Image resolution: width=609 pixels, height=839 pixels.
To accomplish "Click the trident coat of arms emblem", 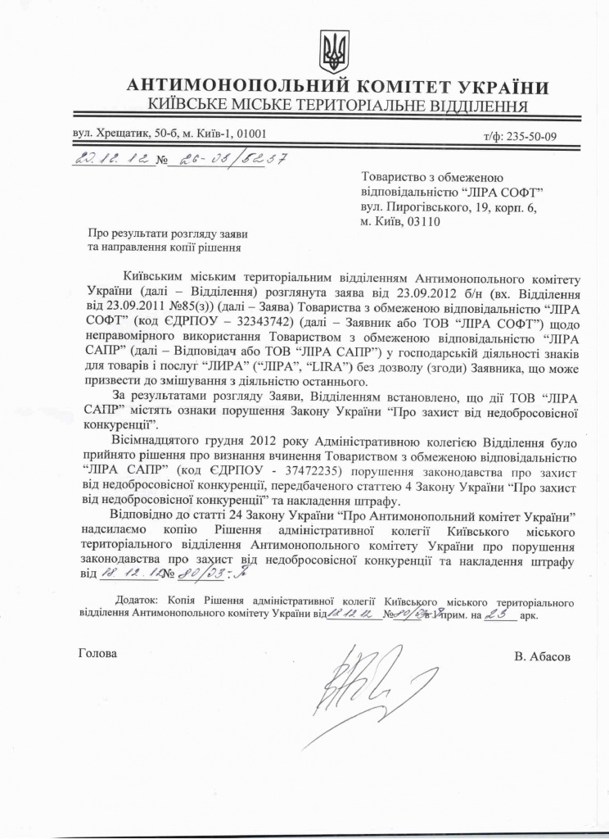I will [333, 52].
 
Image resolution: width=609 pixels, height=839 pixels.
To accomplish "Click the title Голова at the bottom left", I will [97, 654].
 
